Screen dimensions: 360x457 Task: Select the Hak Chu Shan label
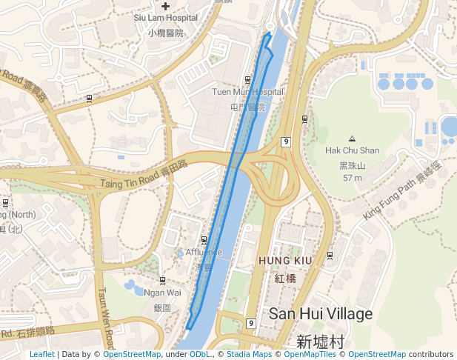point(352,150)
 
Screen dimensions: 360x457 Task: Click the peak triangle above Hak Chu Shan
point(352,139)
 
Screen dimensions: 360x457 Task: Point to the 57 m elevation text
point(352,179)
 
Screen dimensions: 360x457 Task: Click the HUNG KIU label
point(285,261)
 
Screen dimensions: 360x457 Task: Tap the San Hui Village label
point(321,313)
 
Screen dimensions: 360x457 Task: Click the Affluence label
point(204,253)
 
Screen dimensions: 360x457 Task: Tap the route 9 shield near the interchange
point(285,141)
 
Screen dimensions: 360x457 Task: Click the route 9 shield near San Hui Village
point(251,323)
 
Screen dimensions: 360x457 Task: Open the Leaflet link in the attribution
point(42,354)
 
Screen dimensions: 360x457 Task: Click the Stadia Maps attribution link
point(249,354)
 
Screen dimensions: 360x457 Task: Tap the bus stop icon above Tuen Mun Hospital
point(247,79)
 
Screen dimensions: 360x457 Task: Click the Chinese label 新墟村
point(321,341)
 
